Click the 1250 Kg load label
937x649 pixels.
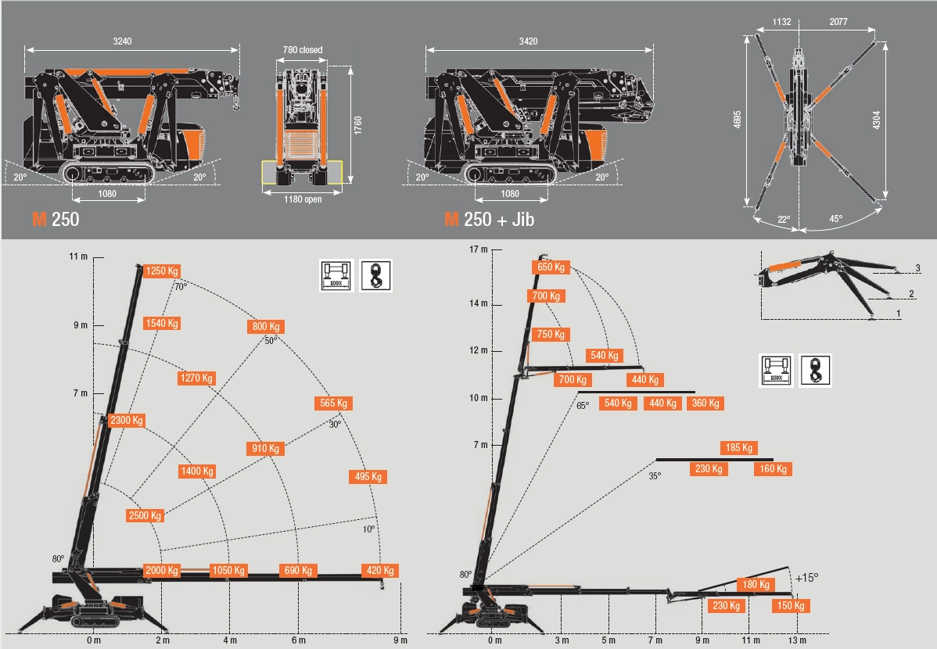(x=162, y=271)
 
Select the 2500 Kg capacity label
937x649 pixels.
(x=145, y=516)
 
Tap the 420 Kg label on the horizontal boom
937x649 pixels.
(x=379, y=571)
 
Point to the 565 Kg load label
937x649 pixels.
(x=333, y=403)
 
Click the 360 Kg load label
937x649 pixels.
(x=705, y=403)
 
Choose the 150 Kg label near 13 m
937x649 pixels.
(x=791, y=606)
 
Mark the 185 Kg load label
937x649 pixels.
(x=738, y=448)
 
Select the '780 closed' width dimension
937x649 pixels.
(x=302, y=50)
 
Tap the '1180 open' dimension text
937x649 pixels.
(x=302, y=199)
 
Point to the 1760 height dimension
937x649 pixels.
(x=357, y=126)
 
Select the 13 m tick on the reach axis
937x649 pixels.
(x=797, y=640)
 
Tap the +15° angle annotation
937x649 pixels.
(x=806, y=578)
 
